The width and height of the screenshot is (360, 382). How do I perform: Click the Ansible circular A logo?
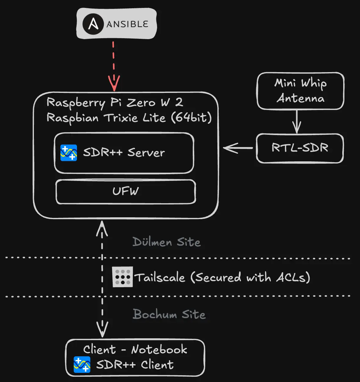pos(93,24)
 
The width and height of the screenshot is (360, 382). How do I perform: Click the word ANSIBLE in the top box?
pos(127,24)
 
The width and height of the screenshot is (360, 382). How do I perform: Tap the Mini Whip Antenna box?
pos(300,91)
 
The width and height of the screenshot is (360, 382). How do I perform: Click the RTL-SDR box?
pos(300,148)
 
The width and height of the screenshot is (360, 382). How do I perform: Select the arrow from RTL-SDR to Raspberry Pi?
pos(238,148)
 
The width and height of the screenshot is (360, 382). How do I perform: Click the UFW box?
pos(125,191)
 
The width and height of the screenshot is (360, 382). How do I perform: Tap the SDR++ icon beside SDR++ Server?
pos(69,152)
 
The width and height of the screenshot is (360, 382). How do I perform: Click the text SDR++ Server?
pos(124,152)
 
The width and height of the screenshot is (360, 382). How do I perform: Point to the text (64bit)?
pos(191,118)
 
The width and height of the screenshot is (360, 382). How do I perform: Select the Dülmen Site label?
pos(167,242)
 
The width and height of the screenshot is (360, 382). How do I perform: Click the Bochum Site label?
pos(169,314)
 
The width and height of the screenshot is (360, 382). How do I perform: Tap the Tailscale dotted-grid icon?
pos(122,277)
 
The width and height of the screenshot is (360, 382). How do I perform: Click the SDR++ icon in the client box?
pos(82,365)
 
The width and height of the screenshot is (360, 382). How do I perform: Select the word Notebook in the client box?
pos(159,349)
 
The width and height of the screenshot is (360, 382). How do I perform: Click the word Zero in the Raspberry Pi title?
pos(141,103)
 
